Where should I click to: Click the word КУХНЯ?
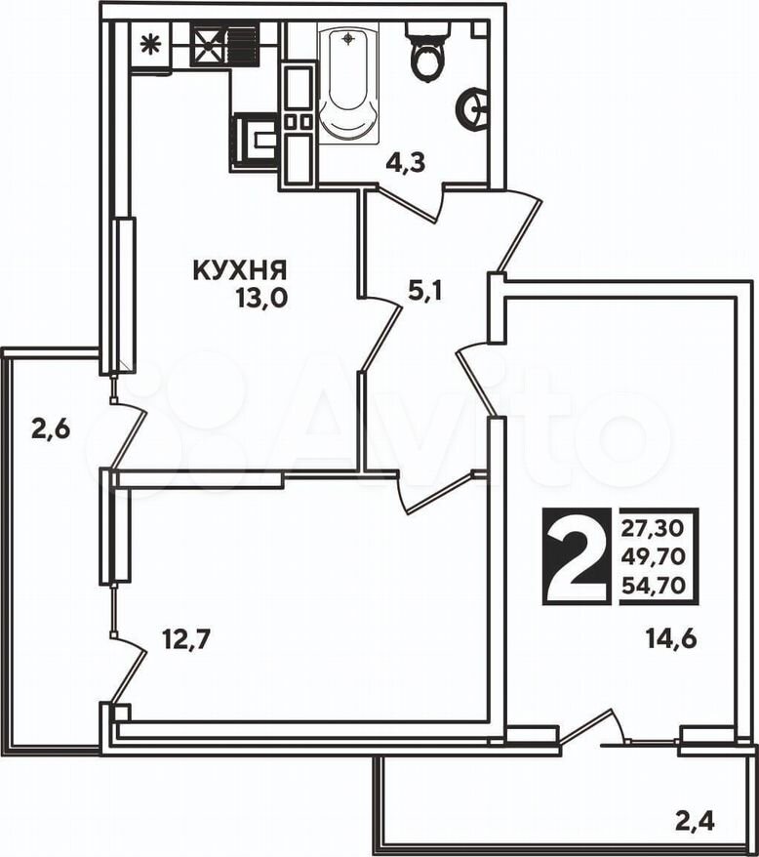tap(240, 270)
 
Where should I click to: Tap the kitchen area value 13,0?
tap(261, 299)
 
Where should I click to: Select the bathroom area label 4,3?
tap(406, 163)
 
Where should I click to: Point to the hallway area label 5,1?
tap(424, 292)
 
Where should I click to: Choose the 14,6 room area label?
tap(671, 637)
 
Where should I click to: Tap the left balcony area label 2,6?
tap(51, 429)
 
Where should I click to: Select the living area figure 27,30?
tap(653, 528)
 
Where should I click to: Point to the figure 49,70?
tap(653, 557)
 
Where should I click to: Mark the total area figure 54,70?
tap(653, 586)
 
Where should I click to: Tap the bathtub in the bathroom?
tap(348, 86)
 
